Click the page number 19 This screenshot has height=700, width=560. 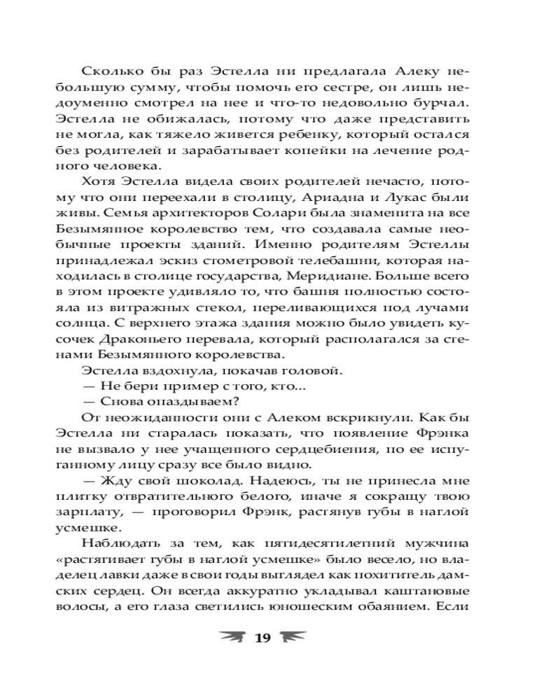[262, 637]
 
